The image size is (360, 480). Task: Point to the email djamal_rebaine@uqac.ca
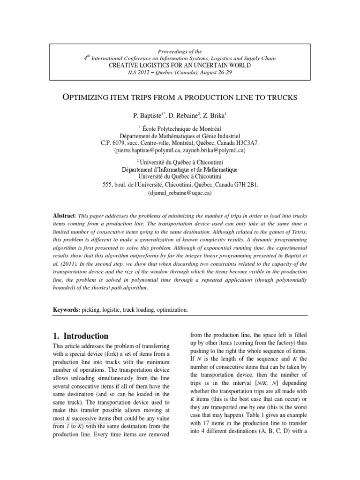tap(180, 193)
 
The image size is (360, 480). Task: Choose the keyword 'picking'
tap(92, 310)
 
